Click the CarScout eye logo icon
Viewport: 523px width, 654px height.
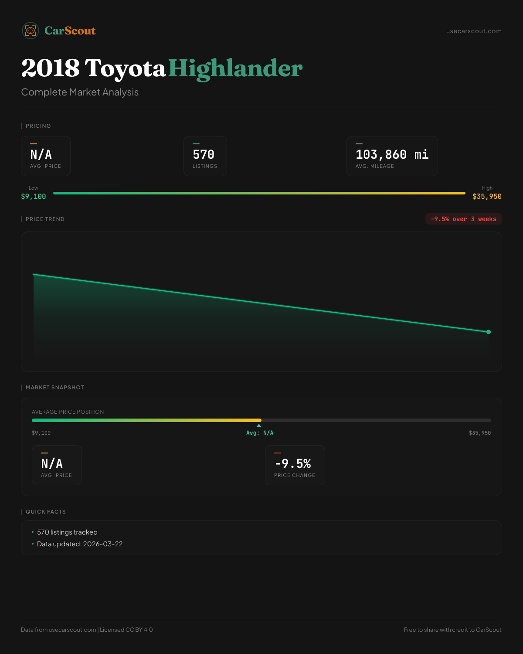[31, 31]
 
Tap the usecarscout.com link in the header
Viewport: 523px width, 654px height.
[474, 31]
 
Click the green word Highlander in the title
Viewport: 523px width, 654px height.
[235, 68]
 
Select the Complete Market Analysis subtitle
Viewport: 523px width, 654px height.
[80, 92]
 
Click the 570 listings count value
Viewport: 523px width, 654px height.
[204, 155]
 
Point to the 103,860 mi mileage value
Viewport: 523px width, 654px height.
[392, 155]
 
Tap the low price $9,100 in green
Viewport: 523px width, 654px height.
[34, 197]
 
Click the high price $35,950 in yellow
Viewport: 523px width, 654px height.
[487, 197]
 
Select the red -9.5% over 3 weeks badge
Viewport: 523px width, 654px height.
[463, 219]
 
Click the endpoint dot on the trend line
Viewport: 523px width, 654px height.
[489, 332]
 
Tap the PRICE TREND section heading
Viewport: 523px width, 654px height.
[45, 219]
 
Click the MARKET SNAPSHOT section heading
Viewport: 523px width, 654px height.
[54, 388]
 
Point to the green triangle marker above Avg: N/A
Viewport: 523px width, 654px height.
[259, 426]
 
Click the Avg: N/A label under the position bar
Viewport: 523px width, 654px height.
[260, 433]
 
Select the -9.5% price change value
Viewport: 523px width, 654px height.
[293, 463]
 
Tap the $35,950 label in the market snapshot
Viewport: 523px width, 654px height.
[479, 433]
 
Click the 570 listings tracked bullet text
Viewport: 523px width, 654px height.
[67, 532]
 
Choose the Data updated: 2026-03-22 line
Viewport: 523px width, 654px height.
[80, 544]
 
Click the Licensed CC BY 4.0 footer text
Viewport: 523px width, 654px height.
[126, 630]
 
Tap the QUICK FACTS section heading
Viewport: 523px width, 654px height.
[45, 512]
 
